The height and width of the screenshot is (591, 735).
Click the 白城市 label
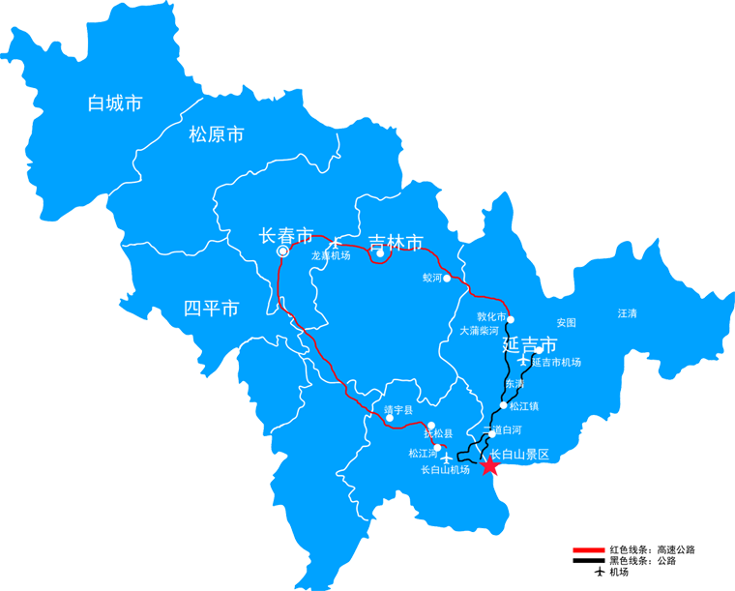114,103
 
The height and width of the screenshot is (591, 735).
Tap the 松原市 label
216,134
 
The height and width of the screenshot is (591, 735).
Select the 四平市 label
211,310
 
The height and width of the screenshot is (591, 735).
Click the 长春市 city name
286,235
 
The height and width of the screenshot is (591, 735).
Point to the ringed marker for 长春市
282,251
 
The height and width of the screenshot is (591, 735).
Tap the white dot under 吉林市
381,256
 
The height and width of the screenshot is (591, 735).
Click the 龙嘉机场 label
330,256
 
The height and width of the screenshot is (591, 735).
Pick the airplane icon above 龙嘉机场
335,243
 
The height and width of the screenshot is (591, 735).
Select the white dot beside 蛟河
447,278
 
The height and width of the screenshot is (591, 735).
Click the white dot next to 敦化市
512,319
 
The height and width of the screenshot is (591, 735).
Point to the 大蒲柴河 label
481,330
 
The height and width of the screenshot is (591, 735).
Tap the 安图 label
566,322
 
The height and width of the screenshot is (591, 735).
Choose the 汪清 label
628,313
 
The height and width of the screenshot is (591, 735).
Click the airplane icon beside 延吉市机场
524,361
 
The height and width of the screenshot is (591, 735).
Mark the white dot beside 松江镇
503,405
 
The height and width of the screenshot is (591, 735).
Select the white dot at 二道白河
491,433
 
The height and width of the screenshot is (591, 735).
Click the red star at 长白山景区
490,466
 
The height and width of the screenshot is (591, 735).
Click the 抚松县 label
437,435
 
